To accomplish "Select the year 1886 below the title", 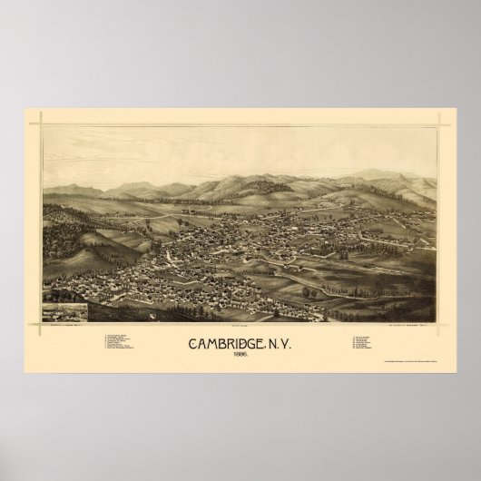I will (x=240, y=358).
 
